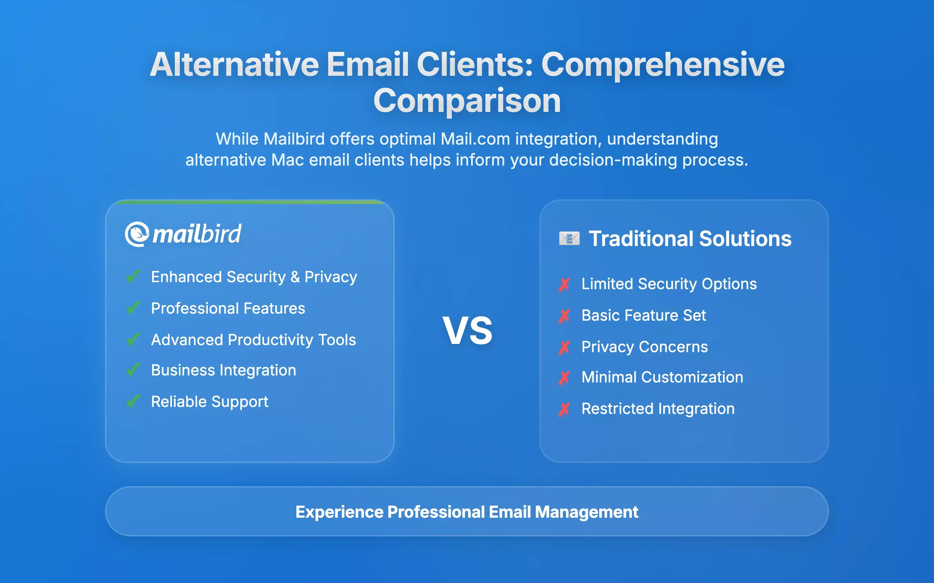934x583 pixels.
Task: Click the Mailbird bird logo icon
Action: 137,234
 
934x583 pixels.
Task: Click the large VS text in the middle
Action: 467,331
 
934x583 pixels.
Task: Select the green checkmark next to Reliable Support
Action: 133,401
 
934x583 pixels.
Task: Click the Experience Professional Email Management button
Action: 467,511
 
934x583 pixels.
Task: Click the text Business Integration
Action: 224,370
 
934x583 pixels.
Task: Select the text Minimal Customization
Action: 662,377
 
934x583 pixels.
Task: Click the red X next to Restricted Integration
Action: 564,409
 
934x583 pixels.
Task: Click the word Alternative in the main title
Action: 234,64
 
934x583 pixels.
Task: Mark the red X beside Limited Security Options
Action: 564,284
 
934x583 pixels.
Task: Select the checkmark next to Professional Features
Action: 133,308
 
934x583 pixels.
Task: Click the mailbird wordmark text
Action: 197,234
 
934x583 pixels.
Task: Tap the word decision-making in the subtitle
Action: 613,160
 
